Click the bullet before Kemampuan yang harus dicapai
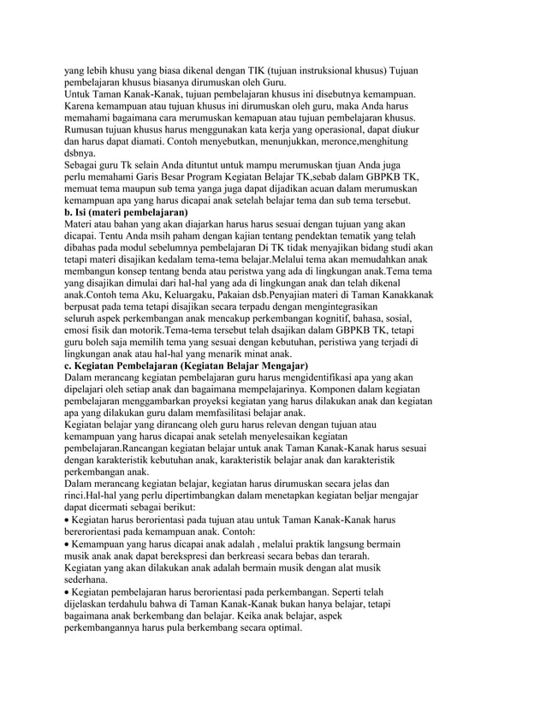(68, 544)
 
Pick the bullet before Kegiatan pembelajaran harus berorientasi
(68, 592)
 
